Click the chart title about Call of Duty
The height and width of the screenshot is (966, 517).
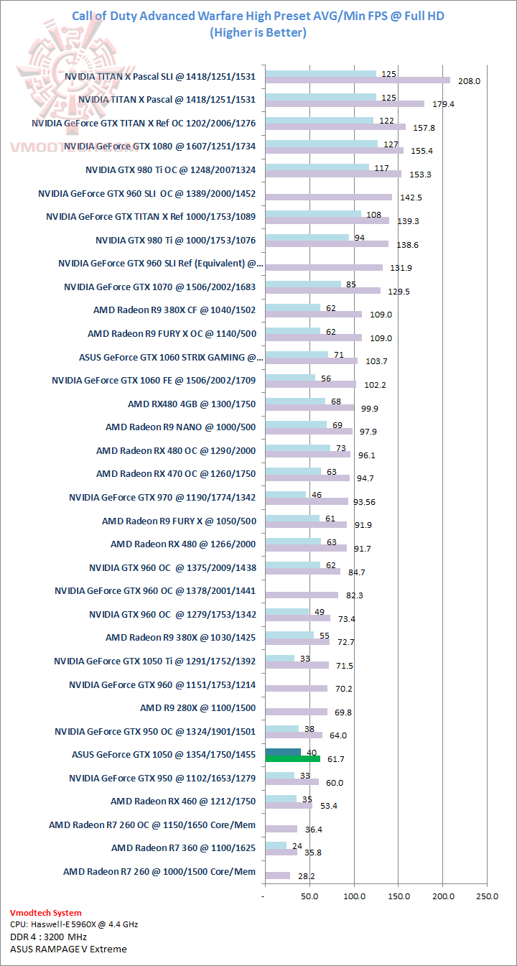click(x=258, y=16)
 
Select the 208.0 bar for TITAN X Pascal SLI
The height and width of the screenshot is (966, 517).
click(x=357, y=80)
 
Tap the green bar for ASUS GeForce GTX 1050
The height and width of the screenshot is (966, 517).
click(x=292, y=758)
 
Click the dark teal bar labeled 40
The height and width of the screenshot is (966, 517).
click(x=283, y=751)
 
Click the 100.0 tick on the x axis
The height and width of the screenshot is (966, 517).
click(x=354, y=896)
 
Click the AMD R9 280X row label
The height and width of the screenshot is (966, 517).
click(x=197, y=708)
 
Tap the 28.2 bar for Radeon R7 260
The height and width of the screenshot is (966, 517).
click(x=277, y=875)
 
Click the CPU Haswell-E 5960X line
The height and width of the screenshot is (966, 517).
click(x=74, y=925)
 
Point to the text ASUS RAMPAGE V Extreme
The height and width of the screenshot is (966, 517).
click(x=68, y=949)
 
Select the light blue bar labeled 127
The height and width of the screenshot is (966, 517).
click(x=321, y=144)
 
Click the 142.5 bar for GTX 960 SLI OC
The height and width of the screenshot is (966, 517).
click(x=328, y=197)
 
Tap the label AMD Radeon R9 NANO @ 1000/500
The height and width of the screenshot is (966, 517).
click(x=180, y=427)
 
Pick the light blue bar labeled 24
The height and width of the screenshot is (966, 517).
click(x=276, y=845)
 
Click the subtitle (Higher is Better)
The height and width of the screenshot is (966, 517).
click(x=258, y=32)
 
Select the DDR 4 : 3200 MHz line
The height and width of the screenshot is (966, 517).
click(x=48, y=937)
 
